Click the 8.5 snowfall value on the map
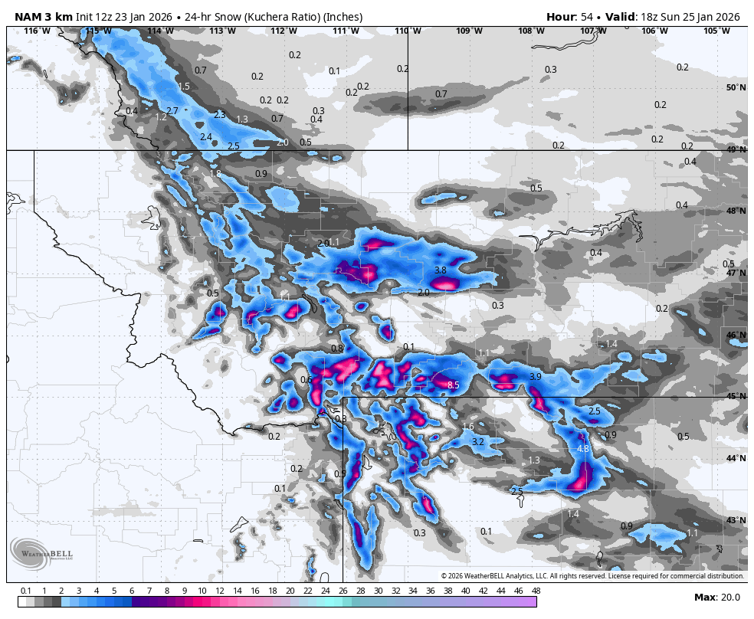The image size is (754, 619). tap(453, 385)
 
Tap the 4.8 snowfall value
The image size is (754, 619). tap(582, 449)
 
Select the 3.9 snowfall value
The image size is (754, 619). tap(536, 377)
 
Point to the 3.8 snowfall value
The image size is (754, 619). tap(440, 270)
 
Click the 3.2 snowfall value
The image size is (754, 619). tap(477, 442)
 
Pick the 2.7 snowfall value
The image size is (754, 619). tap(172, 111)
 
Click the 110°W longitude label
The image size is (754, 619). tap(407, 31)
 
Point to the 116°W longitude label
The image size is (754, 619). tap(37, 31)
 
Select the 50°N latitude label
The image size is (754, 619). tap(736, 88)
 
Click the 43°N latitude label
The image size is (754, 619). tap(736, 521)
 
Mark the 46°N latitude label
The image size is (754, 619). tap(736, 336)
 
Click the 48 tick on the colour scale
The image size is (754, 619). tap(536, 591)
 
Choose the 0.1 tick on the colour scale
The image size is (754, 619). tap(25, 591)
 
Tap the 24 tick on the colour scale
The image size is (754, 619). tap(325, 591)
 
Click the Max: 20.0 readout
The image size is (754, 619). tap(716, 598)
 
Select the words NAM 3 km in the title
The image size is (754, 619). tap(44, 17)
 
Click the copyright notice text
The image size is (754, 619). tap(592, 576)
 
